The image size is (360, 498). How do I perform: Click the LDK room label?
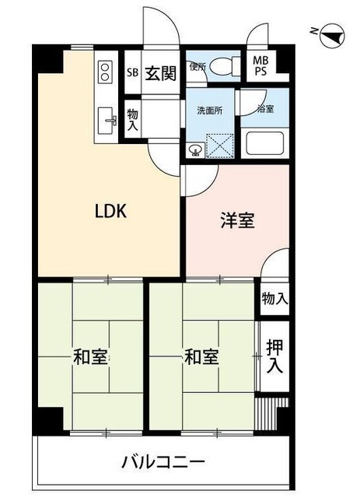coord(110,212)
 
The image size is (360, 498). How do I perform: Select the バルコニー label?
coord(164,462)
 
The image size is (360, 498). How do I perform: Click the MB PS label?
coord(260,68)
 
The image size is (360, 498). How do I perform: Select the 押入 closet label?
coord(273,357)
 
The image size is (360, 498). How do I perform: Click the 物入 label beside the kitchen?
coord(133,119)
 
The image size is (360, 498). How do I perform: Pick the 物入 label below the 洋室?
coord(274,297)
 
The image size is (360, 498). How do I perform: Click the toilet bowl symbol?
coord(227,67)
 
